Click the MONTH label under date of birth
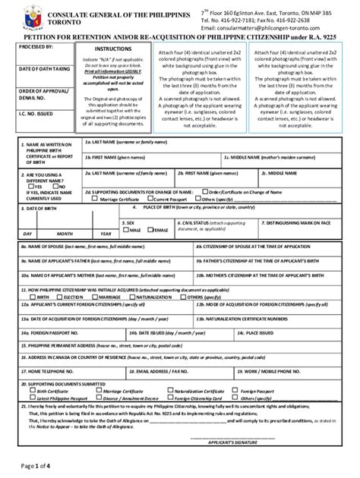pyautogui.click(x=64, y=234)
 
